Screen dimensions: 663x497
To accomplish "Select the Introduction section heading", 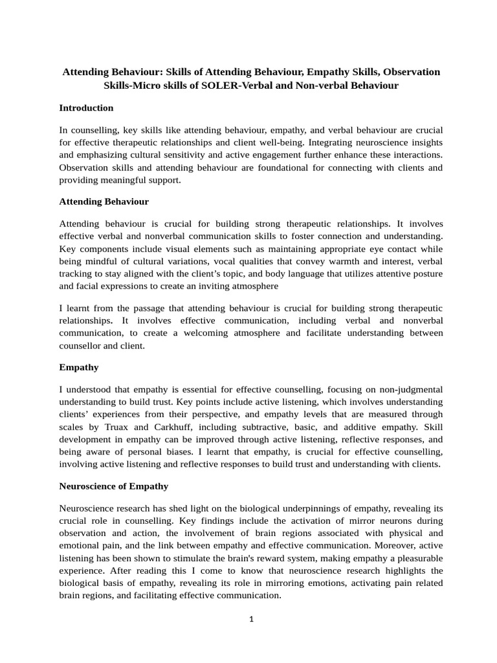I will point(86,108).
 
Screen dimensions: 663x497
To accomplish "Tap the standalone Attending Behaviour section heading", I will point(104,202).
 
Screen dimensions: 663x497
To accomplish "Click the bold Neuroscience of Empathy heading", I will point(113,486).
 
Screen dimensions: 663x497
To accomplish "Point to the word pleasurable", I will point(418,558).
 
